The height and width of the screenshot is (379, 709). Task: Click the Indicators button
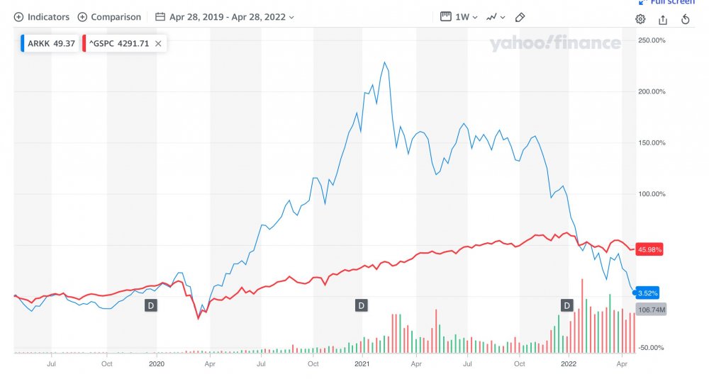43,17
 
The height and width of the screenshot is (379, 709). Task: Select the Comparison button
109,17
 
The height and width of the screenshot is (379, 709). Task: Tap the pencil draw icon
520,17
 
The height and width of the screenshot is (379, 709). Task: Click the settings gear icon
640,19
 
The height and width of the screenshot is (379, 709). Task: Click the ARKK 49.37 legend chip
47,43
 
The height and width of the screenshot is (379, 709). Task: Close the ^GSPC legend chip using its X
158,43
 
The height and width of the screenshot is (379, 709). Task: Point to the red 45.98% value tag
650,249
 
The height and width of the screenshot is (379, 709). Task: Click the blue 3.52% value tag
647,293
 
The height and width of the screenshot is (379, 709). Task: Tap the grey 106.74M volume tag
652,310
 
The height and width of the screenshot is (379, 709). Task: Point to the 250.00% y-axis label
652,40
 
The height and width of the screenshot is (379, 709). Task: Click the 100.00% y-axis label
652,194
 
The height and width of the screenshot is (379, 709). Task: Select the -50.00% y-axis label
652,347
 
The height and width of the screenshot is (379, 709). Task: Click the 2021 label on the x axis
362,364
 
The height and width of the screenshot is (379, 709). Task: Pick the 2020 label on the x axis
157,364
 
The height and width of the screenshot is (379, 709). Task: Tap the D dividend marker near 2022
566,305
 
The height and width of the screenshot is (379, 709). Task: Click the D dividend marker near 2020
150,305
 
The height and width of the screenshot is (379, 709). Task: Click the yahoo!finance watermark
554,44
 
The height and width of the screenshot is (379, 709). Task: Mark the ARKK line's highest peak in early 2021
384,62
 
